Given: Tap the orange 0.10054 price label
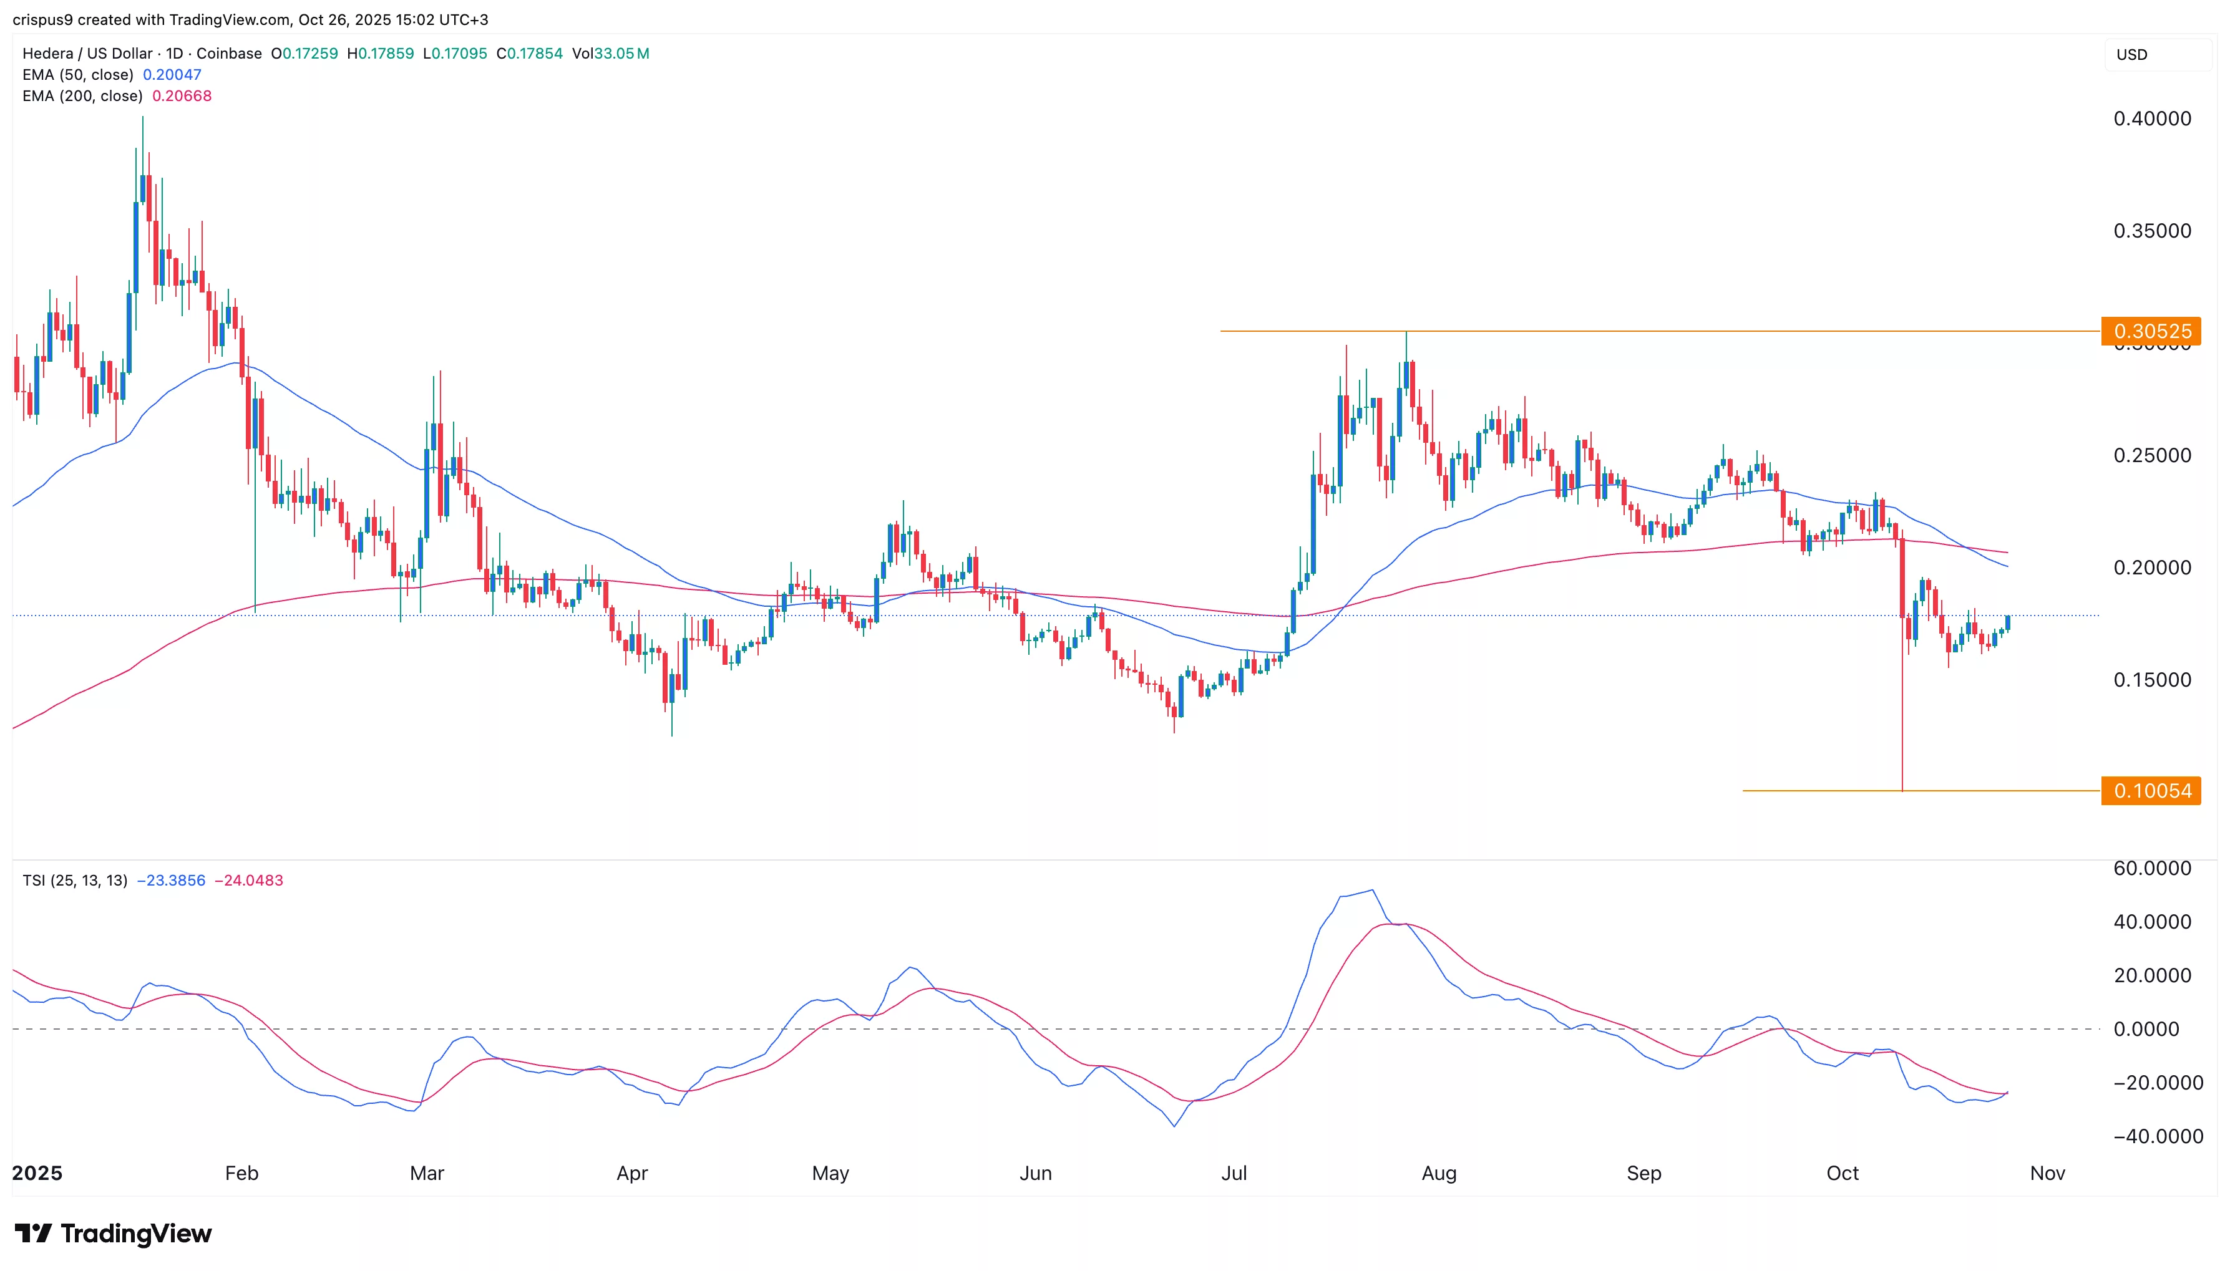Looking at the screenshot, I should point(2151,791).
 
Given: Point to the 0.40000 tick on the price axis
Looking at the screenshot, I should point(2151,118).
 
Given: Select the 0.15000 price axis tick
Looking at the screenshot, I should point(2151,680).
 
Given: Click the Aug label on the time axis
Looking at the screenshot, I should point(1438,1173).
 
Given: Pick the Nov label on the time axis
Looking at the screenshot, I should point(2047,1173).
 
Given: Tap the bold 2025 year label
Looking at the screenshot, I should point(37,1173).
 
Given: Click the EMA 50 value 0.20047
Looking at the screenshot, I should point(172,75).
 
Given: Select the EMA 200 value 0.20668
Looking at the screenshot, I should point(182,96).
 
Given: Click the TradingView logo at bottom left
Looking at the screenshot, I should point(114,1234).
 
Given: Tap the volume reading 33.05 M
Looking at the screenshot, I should point(621,53).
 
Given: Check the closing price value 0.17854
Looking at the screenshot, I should point(534,53).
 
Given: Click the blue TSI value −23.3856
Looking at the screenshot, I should point(171,881).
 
